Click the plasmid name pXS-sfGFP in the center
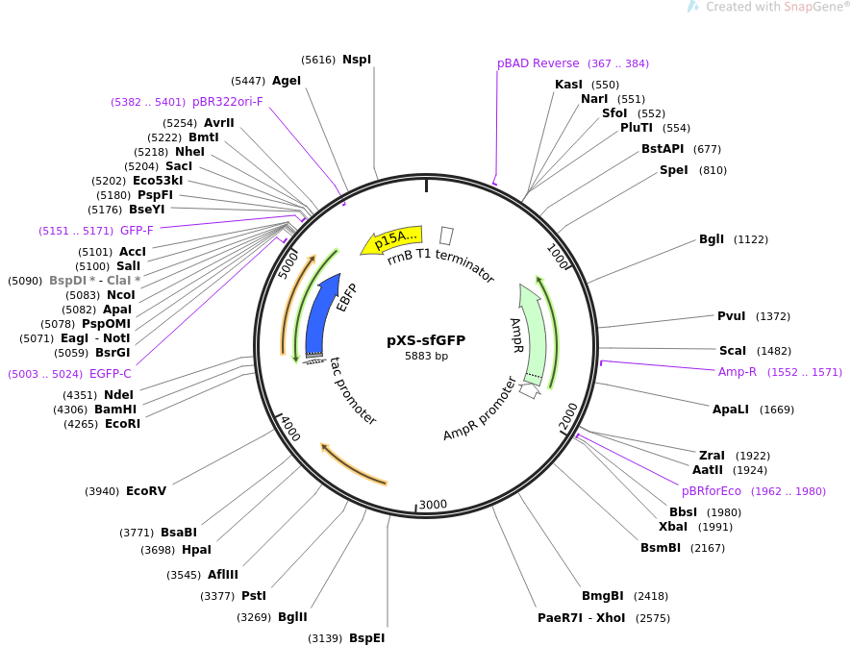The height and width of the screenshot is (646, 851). click(x=426, y=340)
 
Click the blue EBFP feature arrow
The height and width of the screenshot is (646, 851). click(x=321, y=317)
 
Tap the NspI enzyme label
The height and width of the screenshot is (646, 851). click(x=356, y=60)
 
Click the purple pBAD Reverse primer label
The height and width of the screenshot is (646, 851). click(x=538, y=63)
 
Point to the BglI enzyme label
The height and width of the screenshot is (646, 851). click(x=712, y=239)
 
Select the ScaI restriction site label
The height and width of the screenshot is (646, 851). click(x=732, y=351)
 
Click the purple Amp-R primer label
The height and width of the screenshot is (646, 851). click(x=738, y=372)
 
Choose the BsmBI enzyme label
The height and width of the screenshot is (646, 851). click(x=661, y=548)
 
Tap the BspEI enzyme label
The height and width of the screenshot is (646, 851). click(x=366, y=638)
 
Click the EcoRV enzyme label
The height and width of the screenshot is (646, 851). click(x=145, y=491)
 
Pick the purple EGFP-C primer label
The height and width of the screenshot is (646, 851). click(x=110, y=374)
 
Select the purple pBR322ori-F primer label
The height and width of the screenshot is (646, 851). click(x=227, y=101)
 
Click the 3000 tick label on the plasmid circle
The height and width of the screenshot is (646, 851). click(x=433, y=505)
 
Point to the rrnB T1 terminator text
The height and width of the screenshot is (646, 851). click(x=440, y=265)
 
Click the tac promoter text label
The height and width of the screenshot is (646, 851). click(x=352, y=391)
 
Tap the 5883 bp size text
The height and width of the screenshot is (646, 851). click(x=426, y=357)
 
